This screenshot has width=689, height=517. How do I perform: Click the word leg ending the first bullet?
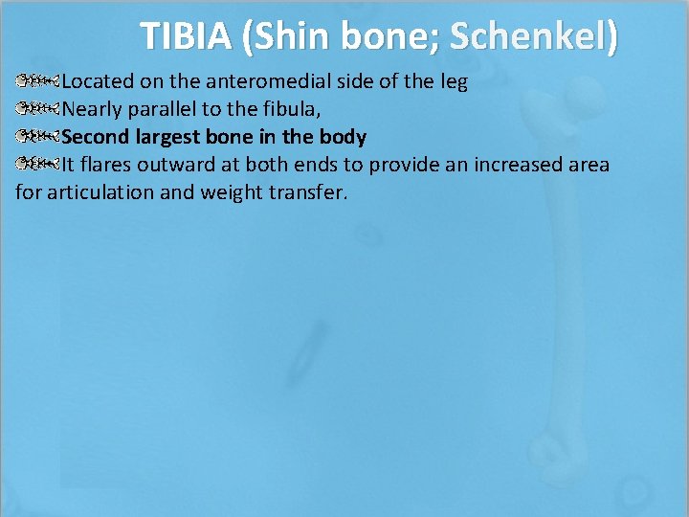(x=452, y=81)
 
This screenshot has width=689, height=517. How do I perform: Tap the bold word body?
(x=343, y=137)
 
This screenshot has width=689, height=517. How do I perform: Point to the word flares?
(x=107, y=165)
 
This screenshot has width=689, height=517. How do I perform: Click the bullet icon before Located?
(x=38, y=81)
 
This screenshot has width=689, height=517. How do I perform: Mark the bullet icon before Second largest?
(x=38, y=137)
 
